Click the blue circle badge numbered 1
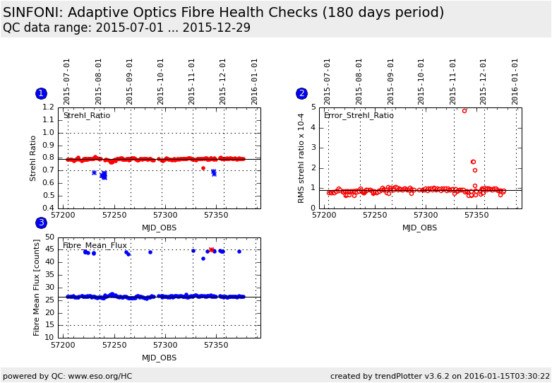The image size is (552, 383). click(41, 93)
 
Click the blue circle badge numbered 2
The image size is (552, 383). click(301, 93)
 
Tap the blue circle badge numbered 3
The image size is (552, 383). click(41, 223)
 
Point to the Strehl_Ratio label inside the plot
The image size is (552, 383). click(87, 115)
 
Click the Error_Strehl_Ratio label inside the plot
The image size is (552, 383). click(359, 115)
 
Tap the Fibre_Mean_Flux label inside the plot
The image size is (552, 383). click(95, 245)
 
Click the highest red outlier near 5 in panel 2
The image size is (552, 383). click(464, 110)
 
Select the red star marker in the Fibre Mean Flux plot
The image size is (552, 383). click(211, 249)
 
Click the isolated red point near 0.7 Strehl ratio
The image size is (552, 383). click(203, 168)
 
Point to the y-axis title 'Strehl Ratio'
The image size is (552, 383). click(33, 158)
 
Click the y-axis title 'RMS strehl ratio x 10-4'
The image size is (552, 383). click(301, 158)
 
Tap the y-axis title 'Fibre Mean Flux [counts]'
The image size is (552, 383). click(37, 287)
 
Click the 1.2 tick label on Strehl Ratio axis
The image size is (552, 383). click(48, 107)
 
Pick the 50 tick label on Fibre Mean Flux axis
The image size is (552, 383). click(49, 237)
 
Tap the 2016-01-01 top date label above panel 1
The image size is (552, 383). click(255, 81)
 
